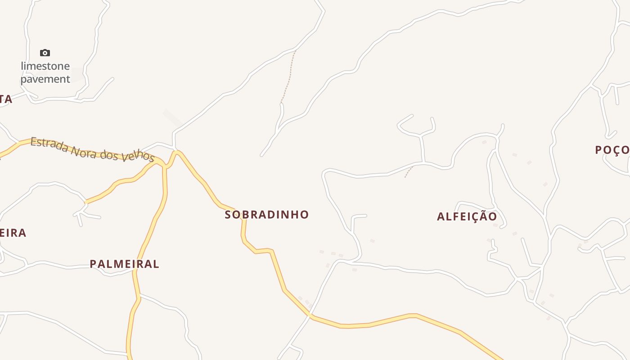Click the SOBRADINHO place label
[x=267, y=215]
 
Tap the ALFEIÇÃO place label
[x=467, y=216]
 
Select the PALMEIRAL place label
[x=124, y=264]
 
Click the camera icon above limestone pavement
[x=45, y=53]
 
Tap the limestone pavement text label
[x=45, y=72]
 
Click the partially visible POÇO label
[x=612, y=150]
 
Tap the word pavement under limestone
[x=45, y=79]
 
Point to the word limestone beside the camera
[x=45, y=66]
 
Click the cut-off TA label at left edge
[x=5, y=99]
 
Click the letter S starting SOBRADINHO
[x=228, y=215]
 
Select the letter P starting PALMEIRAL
[x=93, y=264]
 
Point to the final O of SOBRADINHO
[x=305, y=215]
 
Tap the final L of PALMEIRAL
[x=156, y=264]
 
